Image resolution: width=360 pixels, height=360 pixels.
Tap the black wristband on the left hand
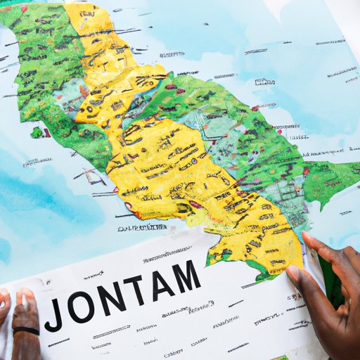click(27, 331)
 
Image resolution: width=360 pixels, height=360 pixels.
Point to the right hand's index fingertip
click(308, 237)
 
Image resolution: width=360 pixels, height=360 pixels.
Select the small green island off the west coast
click(37, 132)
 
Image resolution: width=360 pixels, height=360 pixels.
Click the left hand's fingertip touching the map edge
click(27, 295)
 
